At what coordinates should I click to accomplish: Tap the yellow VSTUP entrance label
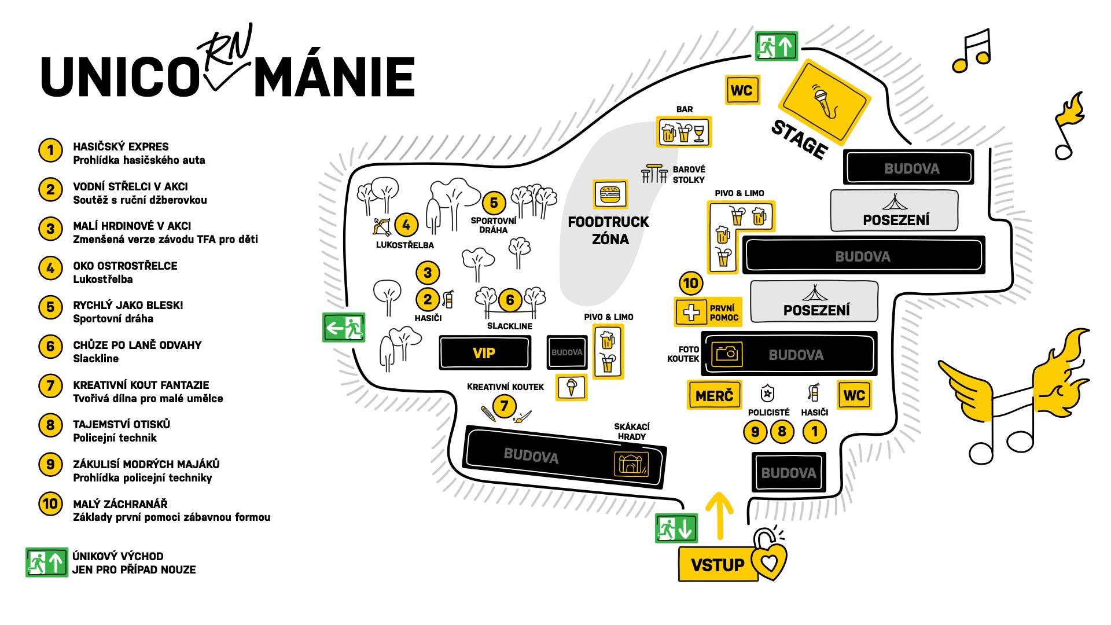coord(718,564)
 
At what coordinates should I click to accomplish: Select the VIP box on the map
coord(484,352)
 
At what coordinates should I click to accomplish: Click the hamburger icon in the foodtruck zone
coord(610,194)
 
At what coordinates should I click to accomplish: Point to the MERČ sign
coord(714,395)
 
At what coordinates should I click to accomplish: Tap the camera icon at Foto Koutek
coord(726,352)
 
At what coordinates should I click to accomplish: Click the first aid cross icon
coord(691,312)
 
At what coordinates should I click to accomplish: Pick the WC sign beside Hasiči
coord(854,395)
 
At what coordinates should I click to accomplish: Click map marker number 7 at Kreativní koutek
coord(505,406)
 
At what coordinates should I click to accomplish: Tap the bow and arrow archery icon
coord(382,226)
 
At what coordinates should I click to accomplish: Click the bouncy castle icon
coord(631,464)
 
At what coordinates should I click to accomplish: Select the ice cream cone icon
coord(571,387)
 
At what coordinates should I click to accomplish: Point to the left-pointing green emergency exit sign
coord(344,328)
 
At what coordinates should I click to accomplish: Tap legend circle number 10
coord(50,503)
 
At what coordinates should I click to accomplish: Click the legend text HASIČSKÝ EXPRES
coord(121,147)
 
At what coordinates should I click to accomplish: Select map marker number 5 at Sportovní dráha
coord(494,203)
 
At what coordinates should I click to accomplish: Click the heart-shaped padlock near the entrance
coord(769,557)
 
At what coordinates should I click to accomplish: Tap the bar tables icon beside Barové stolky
coord(654,174)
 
